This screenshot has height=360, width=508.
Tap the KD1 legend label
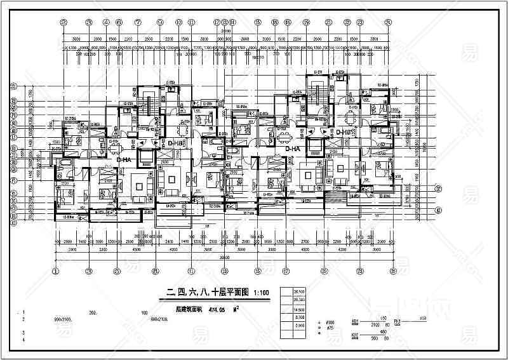(x=356, y=321)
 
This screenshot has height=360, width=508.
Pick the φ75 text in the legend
(x=329, y=329)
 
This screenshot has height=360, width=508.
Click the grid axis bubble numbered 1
(x=56, y=272)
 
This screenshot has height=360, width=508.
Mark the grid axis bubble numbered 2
(x=63, y=21)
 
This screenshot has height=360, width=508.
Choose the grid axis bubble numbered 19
(x=306, y=21)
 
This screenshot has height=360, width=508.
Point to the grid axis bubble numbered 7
(x=138, y=21)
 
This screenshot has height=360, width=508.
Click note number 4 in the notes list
(x=24, y=342)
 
